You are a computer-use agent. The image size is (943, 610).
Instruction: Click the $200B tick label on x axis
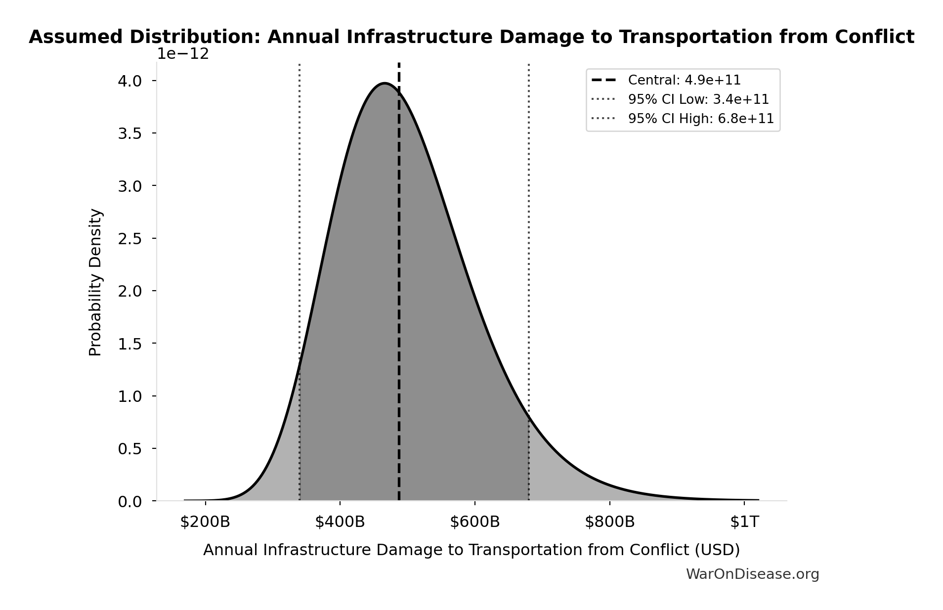point(205,522)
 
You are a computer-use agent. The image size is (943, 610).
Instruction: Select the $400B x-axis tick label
point(340,522)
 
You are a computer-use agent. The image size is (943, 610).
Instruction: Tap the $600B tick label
point(475,522)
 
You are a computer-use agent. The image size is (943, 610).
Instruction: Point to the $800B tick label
point(609,522)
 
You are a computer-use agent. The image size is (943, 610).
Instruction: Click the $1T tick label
point(744,522)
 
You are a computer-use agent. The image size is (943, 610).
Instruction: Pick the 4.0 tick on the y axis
point(129,81)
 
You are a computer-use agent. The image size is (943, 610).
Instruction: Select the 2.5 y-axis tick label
point(129,239)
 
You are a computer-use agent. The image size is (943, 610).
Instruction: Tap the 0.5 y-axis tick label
point(129,449)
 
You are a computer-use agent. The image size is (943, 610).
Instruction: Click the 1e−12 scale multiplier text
point(183,54)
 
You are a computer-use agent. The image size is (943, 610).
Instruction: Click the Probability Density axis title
point(95,282)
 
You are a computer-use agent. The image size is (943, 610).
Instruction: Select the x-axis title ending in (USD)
point(471,550)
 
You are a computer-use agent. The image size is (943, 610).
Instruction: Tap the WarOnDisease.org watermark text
point(752,574)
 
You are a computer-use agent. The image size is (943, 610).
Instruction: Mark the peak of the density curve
point(385,83)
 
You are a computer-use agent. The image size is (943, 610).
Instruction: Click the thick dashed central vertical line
point(399,297)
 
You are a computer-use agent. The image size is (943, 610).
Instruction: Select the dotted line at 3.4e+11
point(300,222)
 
